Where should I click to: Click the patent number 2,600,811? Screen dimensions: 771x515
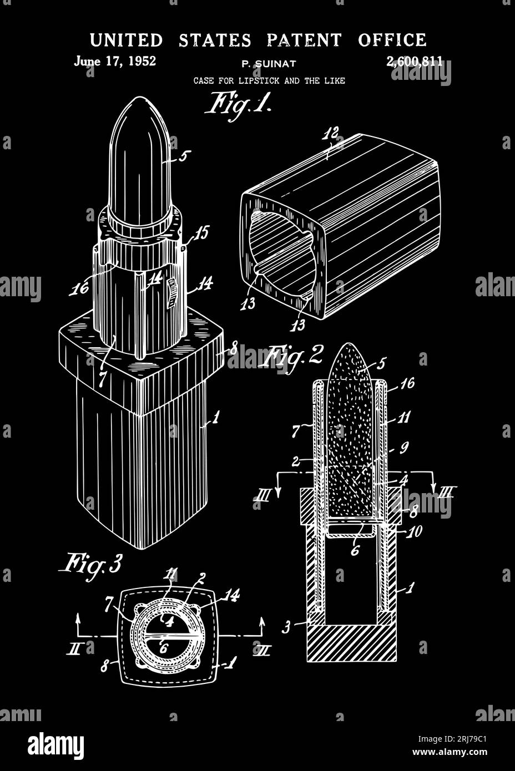coord(414,62)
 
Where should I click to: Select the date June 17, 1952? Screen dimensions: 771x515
coord(115,61)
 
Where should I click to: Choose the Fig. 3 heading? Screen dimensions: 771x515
coord(90,564)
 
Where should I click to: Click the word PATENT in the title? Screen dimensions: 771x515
coord(304,40)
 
